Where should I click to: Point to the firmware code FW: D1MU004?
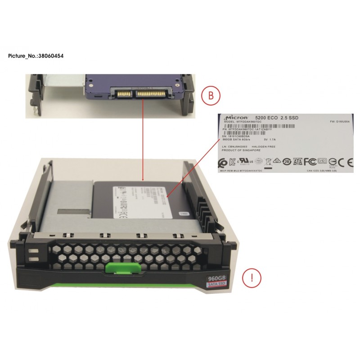340,121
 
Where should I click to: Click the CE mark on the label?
343,161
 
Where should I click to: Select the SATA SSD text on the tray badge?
218,285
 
